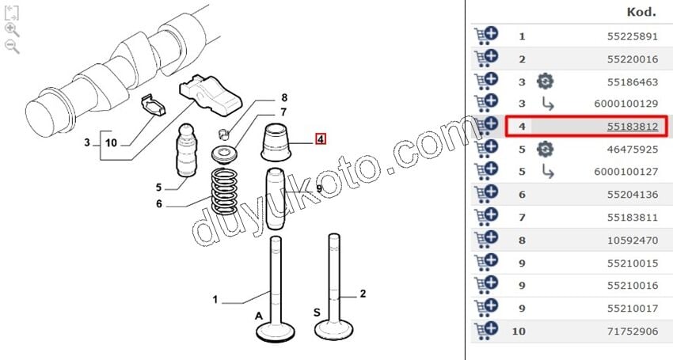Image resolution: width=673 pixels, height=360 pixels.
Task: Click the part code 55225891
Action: coord(633,36)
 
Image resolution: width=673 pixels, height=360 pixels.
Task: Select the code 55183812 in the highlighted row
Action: coord(633,127)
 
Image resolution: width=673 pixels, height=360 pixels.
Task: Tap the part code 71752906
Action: coord(633,332)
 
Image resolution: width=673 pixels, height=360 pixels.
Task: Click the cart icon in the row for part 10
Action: coord(486,331)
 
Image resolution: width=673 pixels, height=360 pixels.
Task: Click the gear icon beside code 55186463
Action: coord(545,81)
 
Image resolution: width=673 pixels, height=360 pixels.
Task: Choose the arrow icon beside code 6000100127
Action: coord(547,172)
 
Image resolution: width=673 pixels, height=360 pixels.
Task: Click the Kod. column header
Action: coord(641,12)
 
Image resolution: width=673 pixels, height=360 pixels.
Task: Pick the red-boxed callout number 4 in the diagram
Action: coord(321,139)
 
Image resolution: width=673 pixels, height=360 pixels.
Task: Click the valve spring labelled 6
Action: coord(225,191)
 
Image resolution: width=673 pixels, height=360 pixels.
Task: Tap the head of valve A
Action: coord(276,332)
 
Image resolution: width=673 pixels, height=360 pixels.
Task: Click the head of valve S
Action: coord(334,329)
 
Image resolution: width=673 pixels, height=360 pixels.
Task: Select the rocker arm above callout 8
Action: coord(211,95)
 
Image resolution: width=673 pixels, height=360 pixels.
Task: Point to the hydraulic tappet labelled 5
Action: coord(187,150)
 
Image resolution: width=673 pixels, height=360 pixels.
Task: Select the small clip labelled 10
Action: coord(154,105)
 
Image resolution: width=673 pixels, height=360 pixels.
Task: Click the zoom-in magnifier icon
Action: coord(12,30)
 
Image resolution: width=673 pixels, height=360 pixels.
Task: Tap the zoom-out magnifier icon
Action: coord(12,47)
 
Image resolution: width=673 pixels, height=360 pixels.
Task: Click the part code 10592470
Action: coord(633,241)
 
